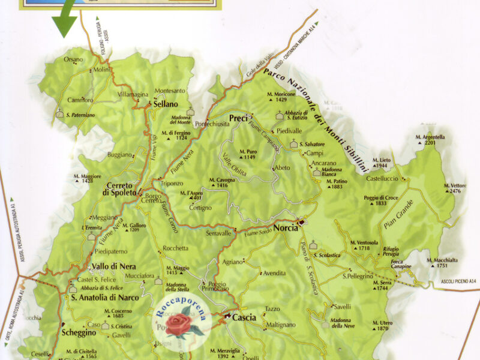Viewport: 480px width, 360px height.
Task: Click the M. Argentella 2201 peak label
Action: pyautogui.click(x=430, y=140)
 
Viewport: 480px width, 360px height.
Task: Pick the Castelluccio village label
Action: pyautogui.click(x=383, y=179)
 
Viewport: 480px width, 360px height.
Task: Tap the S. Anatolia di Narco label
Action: pyautogui.click(x=104, y=297)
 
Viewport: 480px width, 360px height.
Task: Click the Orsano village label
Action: pyautogui.click(x=74, y=59)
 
